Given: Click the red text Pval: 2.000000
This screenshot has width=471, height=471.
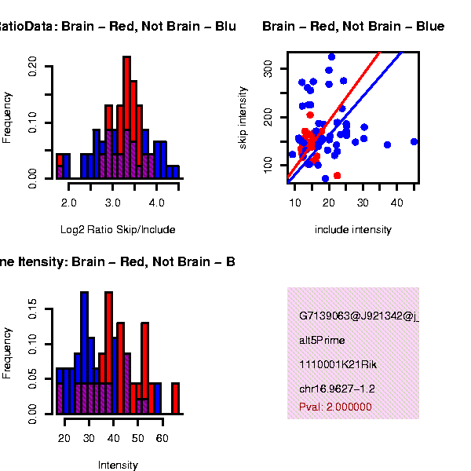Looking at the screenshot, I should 335,407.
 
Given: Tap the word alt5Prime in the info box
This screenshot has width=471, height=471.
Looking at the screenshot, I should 322,341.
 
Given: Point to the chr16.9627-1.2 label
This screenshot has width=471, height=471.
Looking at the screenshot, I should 337,389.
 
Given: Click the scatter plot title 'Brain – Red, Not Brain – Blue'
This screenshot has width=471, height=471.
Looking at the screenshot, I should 353,27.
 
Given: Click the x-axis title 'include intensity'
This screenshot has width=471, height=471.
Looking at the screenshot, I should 352,230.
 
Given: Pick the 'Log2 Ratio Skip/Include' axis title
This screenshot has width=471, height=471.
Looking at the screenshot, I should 118,230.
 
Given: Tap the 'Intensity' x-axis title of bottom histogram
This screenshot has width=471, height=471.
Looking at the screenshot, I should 118,465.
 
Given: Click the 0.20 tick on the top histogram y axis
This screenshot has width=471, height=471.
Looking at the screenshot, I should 32,64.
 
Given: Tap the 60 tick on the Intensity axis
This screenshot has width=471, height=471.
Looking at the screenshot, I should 162,438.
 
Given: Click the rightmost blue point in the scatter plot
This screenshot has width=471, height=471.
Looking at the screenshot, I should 414,142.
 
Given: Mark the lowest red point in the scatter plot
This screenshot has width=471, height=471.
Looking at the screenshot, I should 337,175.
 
